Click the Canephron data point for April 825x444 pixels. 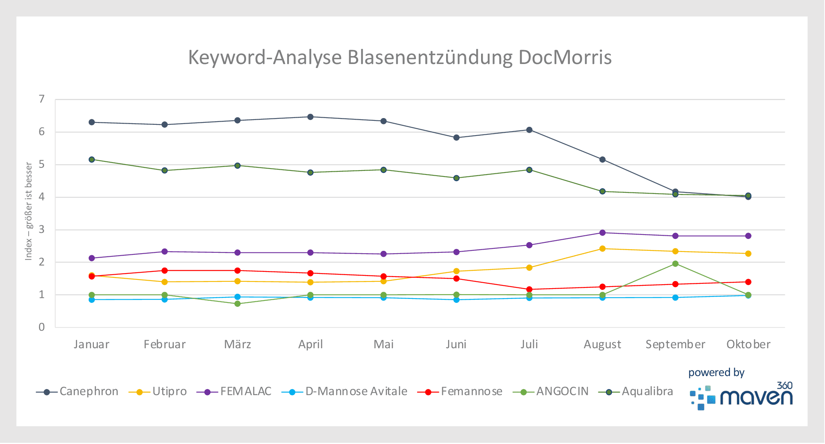pyautogui.click(x=311, y=117)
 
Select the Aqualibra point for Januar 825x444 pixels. pyautogui.click(x=92, y=159)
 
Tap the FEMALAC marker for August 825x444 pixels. pyautogui.click(x=602, y=233)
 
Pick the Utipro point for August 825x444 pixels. pyautogui.click(x=602, y=248)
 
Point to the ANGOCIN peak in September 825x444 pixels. pyautogui.click(x=675, y=264)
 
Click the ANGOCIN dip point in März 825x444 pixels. pyautogui.click(x=238, y=304)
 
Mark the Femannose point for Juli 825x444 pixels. pyautogui.click(x=529, y=289)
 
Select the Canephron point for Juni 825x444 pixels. pyautogui.click(x=456, y=138)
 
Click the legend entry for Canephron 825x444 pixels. pyautogui.click(x=89, y=392)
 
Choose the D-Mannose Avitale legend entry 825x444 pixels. pyautogui.click(x=356, y=392)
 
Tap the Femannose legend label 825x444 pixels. pyautogui.click(x=471, y=392)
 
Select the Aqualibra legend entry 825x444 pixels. pyautogui.click(x=647, y=392)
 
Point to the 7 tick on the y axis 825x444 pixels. pyautogui.click(x=42, y=99)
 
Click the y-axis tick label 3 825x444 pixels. pyautogui.click(x=42, y=229)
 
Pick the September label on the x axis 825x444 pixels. pyautogui.click(x=675, y=344)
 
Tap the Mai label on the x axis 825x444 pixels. pyautogui.click(x=384, y=344)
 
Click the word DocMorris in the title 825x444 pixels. pyautogui.click(x=565, y=57)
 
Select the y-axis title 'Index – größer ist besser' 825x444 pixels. pyautogui.click(x=29, y=211)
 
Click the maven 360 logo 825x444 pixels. pyautogui.click(x=742, y=396)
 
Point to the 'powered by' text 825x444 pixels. pyautogui.click(x=716, y=372)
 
